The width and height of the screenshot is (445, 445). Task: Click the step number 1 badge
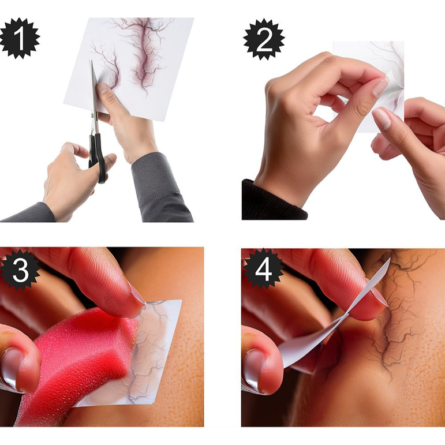(19, 38)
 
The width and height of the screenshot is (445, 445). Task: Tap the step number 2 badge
(264, 39)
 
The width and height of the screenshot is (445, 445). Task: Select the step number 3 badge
(19, 270)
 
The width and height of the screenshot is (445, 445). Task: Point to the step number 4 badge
(263, 269)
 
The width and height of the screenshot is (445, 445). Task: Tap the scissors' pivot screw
(92, 115)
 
